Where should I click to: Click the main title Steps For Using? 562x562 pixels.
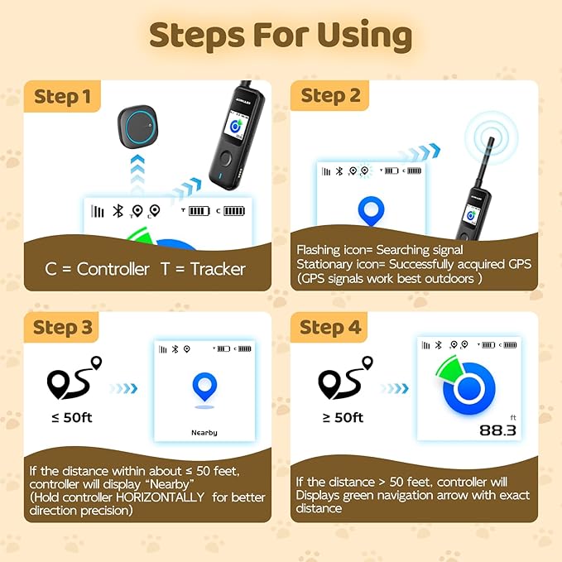280,36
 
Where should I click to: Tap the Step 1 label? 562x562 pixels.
63,97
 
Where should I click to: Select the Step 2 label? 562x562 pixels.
331,96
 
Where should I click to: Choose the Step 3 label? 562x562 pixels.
63,327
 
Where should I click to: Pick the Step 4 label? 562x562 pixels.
331,327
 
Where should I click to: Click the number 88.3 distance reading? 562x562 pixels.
497,430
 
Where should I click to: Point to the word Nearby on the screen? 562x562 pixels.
204,433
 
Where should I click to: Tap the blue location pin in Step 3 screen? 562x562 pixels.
204,387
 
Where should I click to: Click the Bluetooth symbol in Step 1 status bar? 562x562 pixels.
118,211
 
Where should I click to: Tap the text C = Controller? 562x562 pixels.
98,269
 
